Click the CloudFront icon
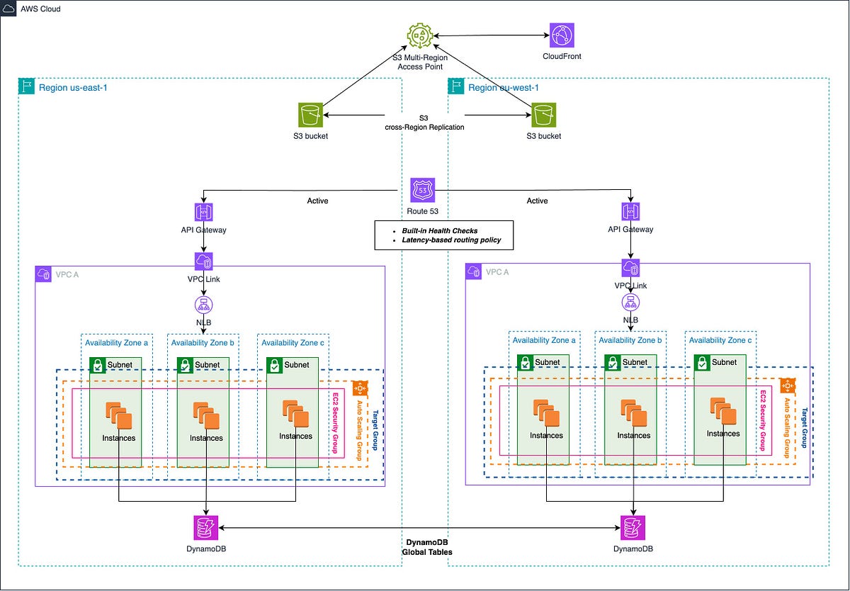[x=562, y=35]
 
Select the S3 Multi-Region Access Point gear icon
[x=419, y=35]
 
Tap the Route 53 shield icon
[x=422, y=190]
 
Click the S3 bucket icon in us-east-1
[x=310, y=115]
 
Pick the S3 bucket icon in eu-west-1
[x=543, y=115]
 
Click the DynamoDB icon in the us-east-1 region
[x=206, y=527]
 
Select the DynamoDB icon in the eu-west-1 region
[x=633, y=527]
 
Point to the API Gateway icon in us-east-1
[x=204, y=212]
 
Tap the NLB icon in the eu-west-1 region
[x=630, y=303]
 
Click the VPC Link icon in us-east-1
[x=204, y=261]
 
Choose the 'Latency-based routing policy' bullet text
[x=451, y=240]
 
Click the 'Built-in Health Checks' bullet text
[x=439, y=231]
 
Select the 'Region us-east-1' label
[x=73, y=88]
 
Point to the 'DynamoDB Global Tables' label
[x=427, y=547]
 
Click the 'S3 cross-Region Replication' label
[x=424, y=123]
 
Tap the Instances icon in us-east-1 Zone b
[x=206, y=415]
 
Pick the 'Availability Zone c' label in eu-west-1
[x=720, y=340]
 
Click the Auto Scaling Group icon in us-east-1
[x=360, y=388]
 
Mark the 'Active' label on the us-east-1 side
[x=317, y=201]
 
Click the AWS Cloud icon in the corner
[x=8, y=9]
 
